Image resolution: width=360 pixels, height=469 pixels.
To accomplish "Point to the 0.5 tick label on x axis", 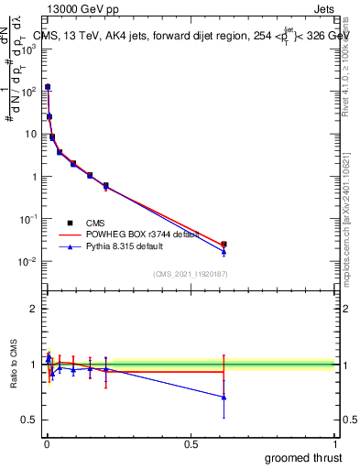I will click(191, 444).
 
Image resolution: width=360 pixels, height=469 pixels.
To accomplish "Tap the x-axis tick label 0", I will click(47, 444).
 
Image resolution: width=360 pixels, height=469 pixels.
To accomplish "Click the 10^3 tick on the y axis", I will click(29, 49).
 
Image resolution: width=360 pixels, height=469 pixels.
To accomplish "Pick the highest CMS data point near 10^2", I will click(48, 87).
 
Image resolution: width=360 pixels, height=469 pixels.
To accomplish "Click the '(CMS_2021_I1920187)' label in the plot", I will click(189, 274).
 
